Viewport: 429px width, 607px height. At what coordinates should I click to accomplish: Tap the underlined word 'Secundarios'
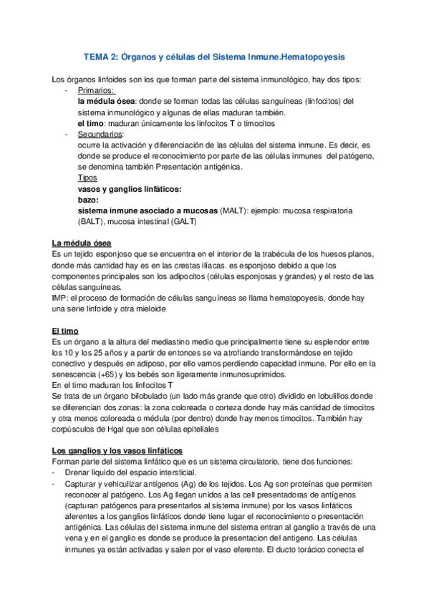click(100, 134)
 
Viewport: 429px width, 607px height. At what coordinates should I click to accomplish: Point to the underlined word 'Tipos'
click(87, 178)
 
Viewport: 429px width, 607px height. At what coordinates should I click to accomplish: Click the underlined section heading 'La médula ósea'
click(81, 244)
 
